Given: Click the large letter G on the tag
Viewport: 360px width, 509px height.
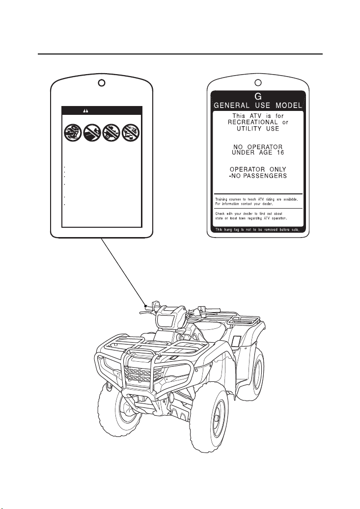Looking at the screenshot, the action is pos(258,96).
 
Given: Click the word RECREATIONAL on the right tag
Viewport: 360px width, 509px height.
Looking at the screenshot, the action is pos(253,122).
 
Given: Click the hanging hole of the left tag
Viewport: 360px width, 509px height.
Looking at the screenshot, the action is pos(101,83).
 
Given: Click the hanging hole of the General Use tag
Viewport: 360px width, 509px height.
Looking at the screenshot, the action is pos(258,83).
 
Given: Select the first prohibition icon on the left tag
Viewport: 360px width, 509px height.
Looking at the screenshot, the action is pos(73,133).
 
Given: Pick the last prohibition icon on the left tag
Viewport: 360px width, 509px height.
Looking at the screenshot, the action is pos(131,133).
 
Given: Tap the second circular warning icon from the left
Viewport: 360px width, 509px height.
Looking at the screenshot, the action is pos(92,133).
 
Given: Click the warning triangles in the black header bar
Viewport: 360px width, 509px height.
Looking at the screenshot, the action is pos(85,111).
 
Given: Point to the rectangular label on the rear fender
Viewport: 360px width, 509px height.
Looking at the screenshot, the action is pos(235,341).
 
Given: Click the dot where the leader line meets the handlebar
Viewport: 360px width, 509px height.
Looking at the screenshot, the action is pos(145,305).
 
